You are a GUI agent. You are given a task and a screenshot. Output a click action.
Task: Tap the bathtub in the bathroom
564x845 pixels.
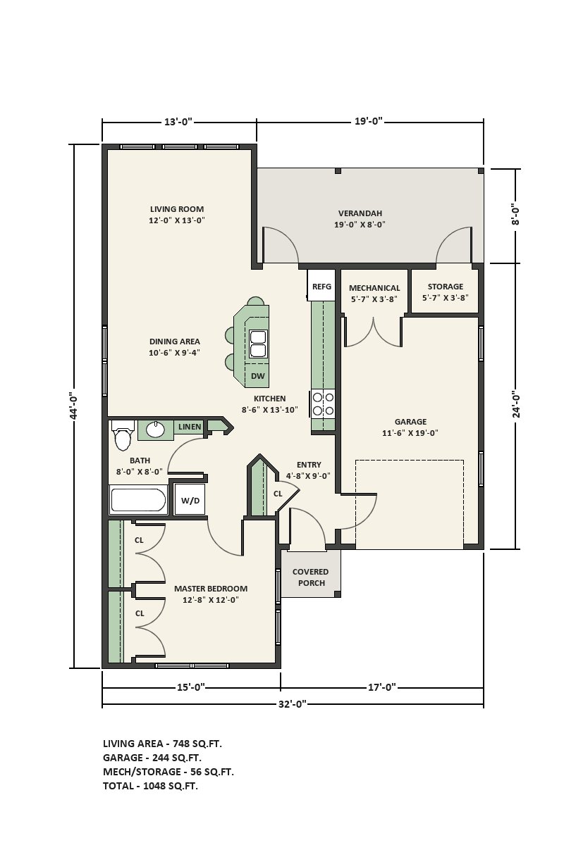click(x=138, y=500)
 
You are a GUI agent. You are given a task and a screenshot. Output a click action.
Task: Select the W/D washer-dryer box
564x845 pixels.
click(x=190, y=500)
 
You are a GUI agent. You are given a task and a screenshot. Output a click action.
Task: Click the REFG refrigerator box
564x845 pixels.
click(x=321, y=286)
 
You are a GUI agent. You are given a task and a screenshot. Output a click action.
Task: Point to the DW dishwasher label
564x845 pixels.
click(x=257, y=376)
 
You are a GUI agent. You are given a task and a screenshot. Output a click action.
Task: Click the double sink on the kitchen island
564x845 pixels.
click(x=259, y=344)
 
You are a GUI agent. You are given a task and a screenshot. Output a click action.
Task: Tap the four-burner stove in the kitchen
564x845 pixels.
click(x=323, y=403)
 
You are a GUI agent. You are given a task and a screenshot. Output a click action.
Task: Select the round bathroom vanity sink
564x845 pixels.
click(x=155, y=430)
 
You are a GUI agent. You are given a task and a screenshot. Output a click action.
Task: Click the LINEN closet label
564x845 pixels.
click(x=190, y=427)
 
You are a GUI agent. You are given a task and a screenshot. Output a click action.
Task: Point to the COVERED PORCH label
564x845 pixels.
click(x=311, y=577)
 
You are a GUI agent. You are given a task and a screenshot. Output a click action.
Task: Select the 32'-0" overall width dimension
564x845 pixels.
click(x=293, y=704)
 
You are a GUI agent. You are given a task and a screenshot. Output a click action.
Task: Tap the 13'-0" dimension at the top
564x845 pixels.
click(x=178, y=121)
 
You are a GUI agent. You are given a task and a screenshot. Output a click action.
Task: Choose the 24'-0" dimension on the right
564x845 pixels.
click(x=516, y=404)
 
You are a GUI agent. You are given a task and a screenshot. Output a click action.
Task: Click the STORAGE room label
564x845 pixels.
click(x=446, y=287)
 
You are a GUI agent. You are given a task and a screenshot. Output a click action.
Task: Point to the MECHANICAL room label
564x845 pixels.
click(x=374, y=288)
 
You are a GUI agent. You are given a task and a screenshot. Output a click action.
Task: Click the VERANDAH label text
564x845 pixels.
click(x=360, y=213)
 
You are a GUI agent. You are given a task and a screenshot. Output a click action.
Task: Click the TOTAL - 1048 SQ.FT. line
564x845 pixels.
click(x=150, y=786)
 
